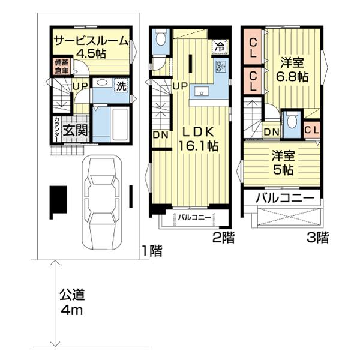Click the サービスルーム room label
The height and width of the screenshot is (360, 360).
(x=91, y=41)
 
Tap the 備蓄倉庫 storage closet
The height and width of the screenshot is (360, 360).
(x=62, y=65)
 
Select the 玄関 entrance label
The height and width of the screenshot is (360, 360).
(x=75, y=130)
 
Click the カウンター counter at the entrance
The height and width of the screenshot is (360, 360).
(x=56, y=130)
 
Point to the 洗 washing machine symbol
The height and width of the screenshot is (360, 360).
(x=121, y=86)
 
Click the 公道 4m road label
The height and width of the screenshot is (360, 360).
(x=72, y=302)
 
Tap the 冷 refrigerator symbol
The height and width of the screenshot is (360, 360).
(x=220, y=47)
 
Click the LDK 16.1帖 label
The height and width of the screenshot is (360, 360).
(x=198, y=139)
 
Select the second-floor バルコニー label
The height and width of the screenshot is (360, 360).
(x=194, y=217)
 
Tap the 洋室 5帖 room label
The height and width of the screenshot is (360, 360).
(x=283, y=163)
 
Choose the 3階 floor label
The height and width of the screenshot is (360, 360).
(x=318, y=238)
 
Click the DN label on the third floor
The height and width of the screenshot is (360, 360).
(x=271, y=132)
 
